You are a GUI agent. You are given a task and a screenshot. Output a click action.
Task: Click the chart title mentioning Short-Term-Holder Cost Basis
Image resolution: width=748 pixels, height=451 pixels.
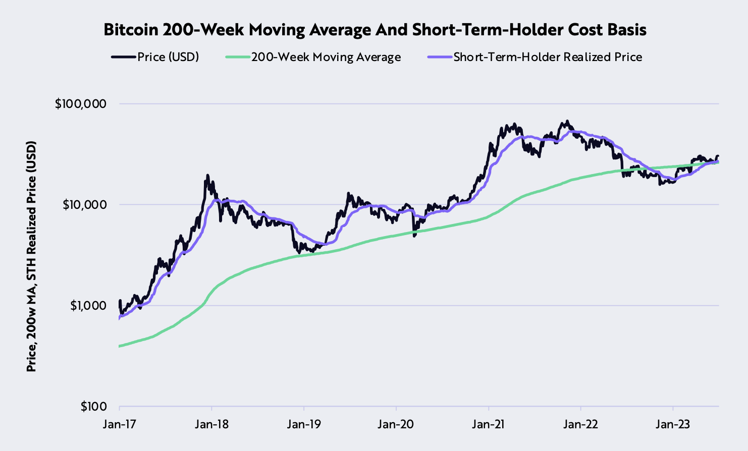[x=375, y=30]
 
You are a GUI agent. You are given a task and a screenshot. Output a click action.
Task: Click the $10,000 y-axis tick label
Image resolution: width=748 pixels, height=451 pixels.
[x=84, y=205]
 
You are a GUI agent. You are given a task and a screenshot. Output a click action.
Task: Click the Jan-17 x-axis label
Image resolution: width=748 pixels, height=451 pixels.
[x=119, y=424]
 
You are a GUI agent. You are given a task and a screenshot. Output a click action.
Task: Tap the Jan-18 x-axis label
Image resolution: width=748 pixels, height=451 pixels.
[x=211, y=424]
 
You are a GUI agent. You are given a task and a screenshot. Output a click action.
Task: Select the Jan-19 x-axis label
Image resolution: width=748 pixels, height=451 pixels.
[x=304, y=424]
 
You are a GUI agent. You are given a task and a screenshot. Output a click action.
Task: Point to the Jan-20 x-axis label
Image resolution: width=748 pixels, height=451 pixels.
[x=396, y=424]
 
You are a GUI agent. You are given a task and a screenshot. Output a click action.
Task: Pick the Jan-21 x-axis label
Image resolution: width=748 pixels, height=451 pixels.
[x=489, y=424]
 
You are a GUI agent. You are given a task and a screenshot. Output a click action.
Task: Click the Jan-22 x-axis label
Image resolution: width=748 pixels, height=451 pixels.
[x=581, y=424]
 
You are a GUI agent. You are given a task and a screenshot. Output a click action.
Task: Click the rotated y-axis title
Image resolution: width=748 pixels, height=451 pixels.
[x=31, y=256]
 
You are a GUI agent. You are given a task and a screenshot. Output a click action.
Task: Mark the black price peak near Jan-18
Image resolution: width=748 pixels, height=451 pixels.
[x=207, y=176]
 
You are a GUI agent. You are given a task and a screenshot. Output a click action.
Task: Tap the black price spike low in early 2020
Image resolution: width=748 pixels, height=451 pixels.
[x=414, y=236]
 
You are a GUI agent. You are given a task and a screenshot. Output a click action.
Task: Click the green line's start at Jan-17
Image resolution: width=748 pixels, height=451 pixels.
[x=120, y=346]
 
